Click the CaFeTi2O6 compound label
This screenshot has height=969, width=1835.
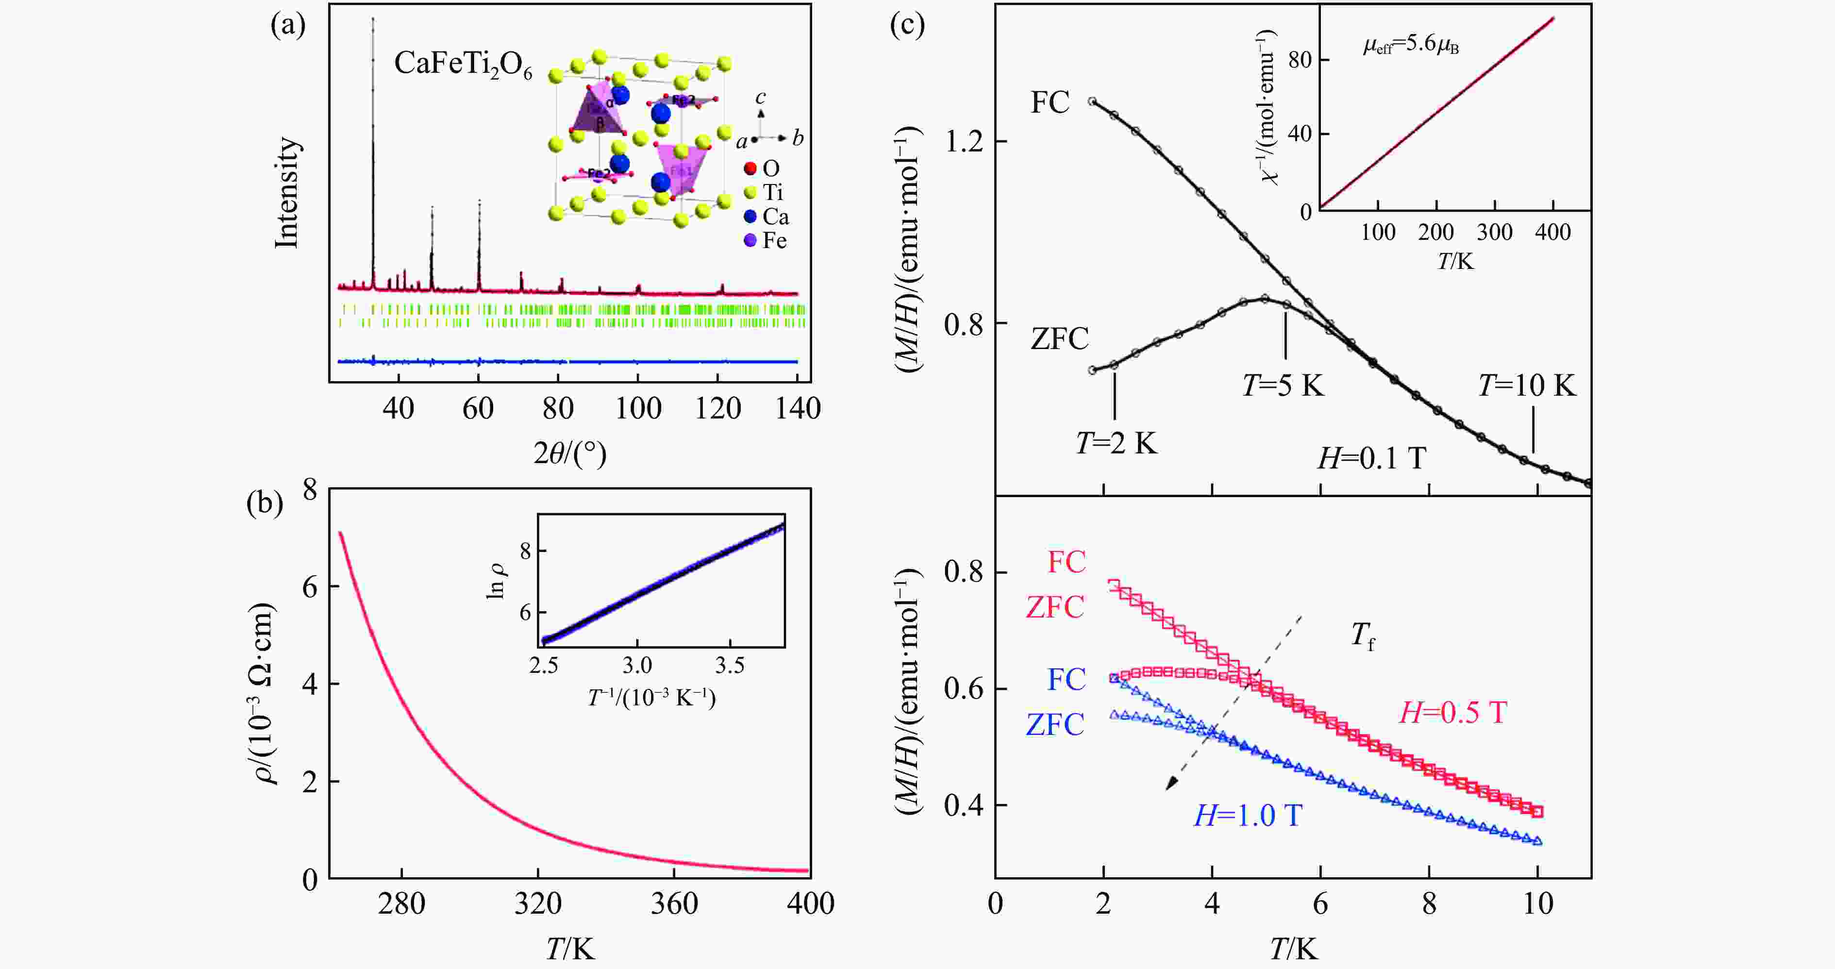pyautogui.click(x=463, y=66)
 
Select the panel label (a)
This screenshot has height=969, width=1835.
pyautogui.click(x=288, y=26)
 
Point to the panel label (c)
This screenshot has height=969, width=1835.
pyautogui.click(x=907, y=26)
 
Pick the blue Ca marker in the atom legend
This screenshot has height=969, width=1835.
pyautogui.click(x=750, y=217)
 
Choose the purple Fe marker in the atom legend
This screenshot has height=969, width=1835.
pyautogui.click(x=750, y=241)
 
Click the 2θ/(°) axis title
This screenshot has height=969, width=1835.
pyautogui.click(x=570, y=453)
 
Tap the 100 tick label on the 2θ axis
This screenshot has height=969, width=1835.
pyautogui.click(x=638, y=409)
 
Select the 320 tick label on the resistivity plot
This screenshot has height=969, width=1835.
pyautogui.click(x=538, y=904)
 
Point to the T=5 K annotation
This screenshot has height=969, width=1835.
pyautogui.click(x=1283, y=385)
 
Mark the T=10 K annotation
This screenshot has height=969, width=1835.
pyautogui.click(x=1527, y=385)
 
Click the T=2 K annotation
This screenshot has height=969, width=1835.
pyautogui.click(x=1116, y=444)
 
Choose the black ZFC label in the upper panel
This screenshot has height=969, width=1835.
pyautogui.click(x=1059, y=338)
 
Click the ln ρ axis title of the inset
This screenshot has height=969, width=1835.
pyautogui.click(x=497, y=580)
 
